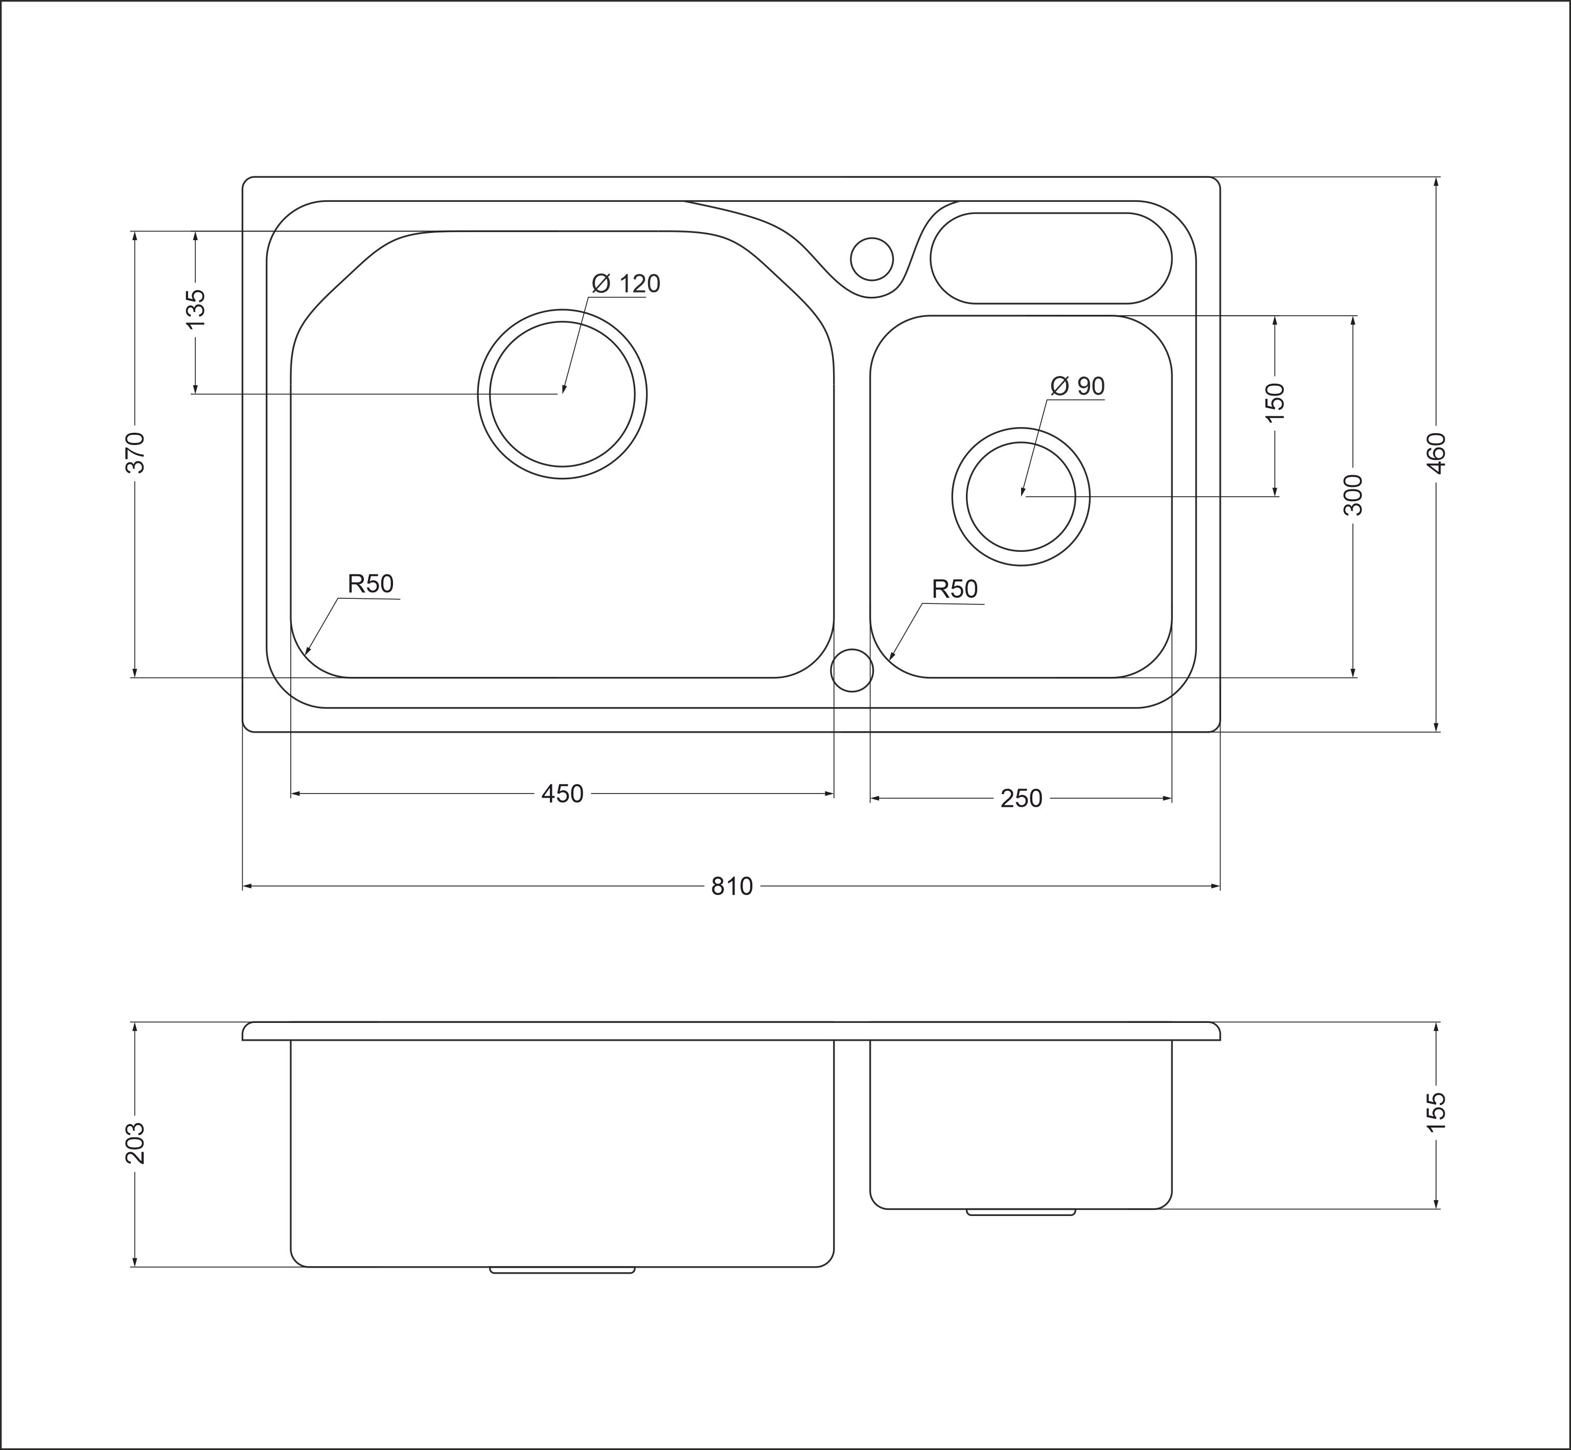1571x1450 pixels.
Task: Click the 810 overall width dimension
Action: click(x=731, y=886)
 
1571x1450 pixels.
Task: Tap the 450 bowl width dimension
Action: click(x=562, y=794)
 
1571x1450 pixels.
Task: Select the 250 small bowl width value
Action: click(x=1021, y=799)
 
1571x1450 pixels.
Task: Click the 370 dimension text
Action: click(x=135, y=452)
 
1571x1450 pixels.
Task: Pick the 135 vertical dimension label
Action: click(x=195, y=309)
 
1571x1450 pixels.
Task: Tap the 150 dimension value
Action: click(x=1275, y=401)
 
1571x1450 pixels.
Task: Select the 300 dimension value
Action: click(x=1353, y=495)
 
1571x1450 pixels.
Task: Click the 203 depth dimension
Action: click(x=135, y=1143)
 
